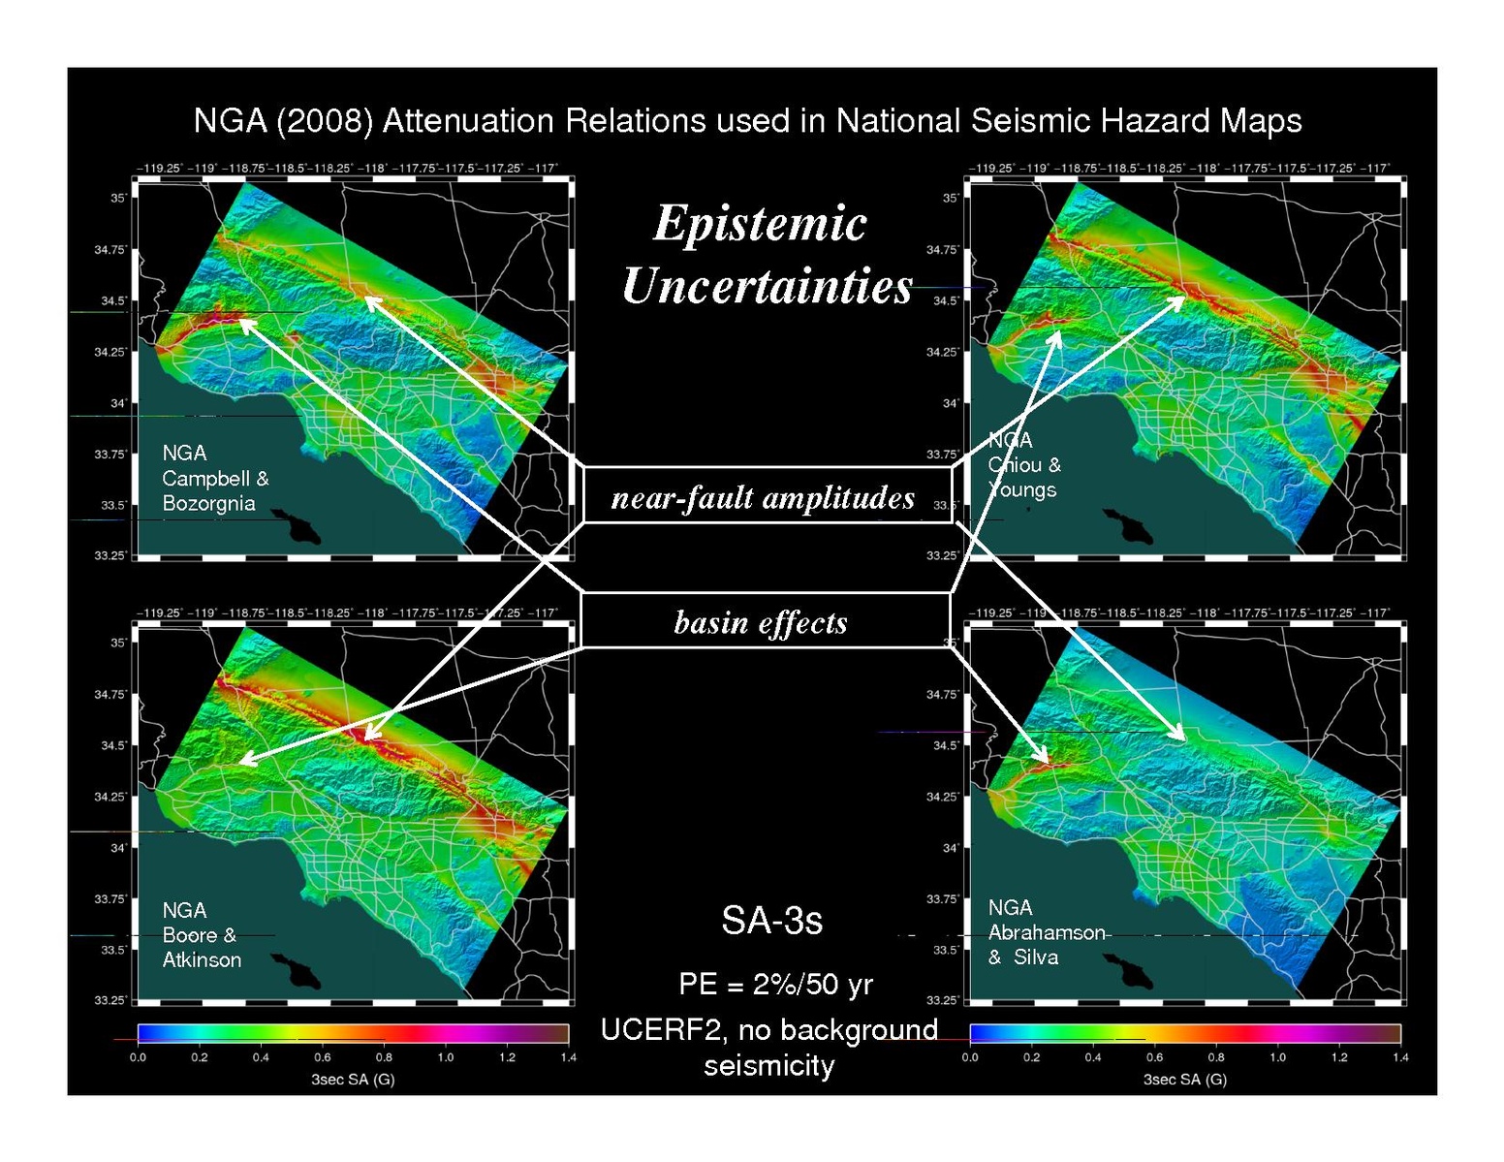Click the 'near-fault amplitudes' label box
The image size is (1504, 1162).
coord(766,496)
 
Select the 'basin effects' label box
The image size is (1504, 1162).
coord(763,621)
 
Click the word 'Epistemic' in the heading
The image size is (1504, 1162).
coord(760,224)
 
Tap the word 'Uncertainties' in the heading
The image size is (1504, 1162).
coord(768,287)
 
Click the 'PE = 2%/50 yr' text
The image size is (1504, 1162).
coord(775,985)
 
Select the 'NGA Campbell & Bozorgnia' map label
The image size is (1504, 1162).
coord(214,478)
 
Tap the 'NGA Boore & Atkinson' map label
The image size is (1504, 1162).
coord(202,935)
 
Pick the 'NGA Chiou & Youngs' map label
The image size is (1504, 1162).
coord(1023,465)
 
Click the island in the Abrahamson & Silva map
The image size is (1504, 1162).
coord(1128,972)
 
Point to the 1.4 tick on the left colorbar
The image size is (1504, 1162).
coord(568,1057)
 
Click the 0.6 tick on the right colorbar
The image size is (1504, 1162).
coord(1154,1057)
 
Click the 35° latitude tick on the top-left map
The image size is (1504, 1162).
coord(118,199)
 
